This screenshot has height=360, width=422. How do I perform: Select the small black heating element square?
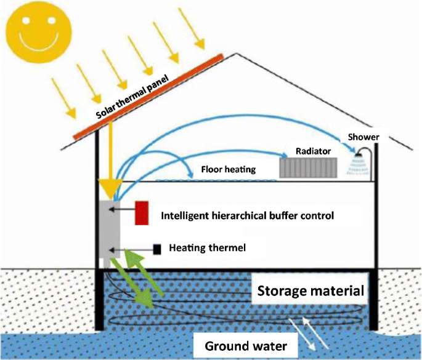(157, 249)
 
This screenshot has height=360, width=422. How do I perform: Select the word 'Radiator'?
(313, 150)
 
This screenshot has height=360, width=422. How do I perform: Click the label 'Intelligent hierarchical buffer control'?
(247, 216)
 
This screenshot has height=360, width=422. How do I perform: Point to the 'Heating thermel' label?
(207, 248)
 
